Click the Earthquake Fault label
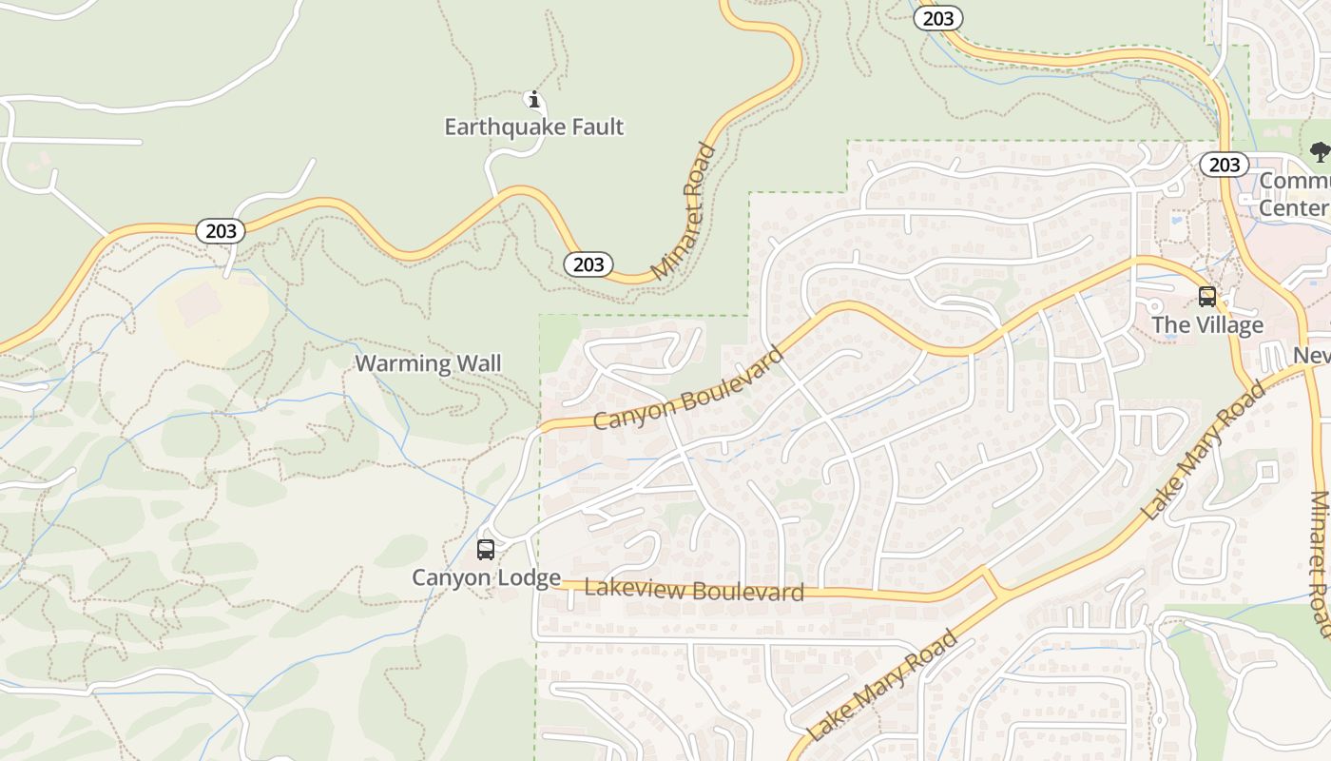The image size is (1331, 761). (x=534, y=127)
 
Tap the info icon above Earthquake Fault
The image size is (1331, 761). (x=534, y=99)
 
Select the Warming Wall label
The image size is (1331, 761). (x=428, y=363)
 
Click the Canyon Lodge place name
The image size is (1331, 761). (x=486, y=577)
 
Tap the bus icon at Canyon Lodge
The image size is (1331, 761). (x=486, y=550)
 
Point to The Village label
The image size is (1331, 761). (x=1207, y=325)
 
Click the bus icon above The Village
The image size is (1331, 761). (x=1207, y=297)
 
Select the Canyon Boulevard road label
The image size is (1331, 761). (x=688, y=388)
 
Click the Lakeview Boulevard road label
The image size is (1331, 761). (x=694, y=590)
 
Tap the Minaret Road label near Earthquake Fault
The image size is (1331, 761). (x=685, y=211)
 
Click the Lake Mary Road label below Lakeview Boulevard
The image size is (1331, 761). (x=881, y=685)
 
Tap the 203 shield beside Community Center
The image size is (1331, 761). (x=1225, y=165)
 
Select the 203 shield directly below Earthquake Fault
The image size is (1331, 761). (x=588, y=264)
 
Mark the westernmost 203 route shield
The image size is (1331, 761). (x=221, y=231)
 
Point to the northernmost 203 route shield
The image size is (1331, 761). (x=938, y=17)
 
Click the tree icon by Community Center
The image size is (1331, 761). (x=1320, y=151)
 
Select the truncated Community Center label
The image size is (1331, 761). (x=1295, y=194)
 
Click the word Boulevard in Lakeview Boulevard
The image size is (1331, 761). (x=748, y=592)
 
